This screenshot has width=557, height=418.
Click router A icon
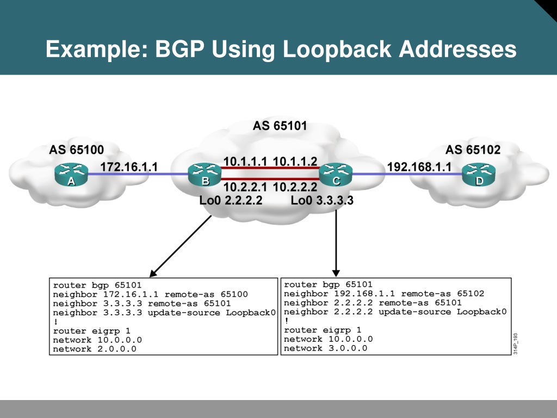(x=71, y=175)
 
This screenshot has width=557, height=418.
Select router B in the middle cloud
(x=205, y=175)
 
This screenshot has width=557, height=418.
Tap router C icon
(x=336, y=175)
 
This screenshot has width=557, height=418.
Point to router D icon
(x=479, y=175)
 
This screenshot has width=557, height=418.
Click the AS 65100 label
(x=76, y=150)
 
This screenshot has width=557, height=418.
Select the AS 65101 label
(x=280, y=126)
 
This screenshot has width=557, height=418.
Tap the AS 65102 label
(x=473, y=150)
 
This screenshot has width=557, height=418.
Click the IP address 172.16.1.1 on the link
(x=129, y=167)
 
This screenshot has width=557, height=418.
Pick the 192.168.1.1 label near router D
(x=419, y=167)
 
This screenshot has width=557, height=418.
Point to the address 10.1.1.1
(x=245, y=161)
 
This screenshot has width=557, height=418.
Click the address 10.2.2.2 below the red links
(x=295, y=187)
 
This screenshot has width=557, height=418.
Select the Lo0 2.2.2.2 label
(x=231, y=200)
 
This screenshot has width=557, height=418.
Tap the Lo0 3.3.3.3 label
(x=322, y=200)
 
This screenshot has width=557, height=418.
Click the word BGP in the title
(x=180, y=48)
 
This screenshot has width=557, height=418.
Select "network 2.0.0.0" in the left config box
(x=95, y=349)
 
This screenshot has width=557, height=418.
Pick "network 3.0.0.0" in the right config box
(x=325, y=348)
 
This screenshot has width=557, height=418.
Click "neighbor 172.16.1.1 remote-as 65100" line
(x=150, y=294)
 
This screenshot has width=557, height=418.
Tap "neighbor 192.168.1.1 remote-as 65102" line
(x=384, y=293)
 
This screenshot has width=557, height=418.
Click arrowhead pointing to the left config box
(x=153, y=273)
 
